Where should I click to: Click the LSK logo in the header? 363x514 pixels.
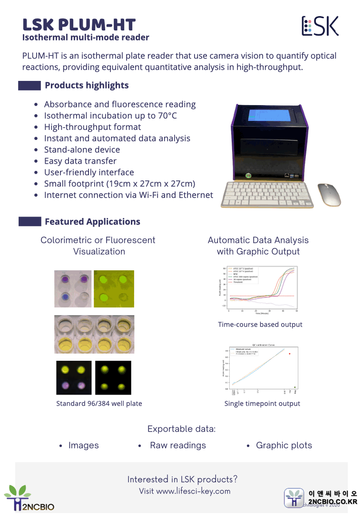(x=320, y=26)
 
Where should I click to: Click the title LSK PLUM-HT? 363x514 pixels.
(x=79, y=25)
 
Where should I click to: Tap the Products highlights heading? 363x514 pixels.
(x=87, y=86)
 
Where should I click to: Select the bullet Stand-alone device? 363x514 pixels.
(x=82, y=149)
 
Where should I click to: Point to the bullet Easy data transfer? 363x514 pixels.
(x=80, y=161)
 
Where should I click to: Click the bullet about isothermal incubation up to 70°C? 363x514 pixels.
(x=110, y=116)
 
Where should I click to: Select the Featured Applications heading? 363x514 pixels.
(x=92, y=222)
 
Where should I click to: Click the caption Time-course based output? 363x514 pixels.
(x=260, y=325)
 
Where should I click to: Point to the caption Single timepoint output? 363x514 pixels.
(x=262, y=404)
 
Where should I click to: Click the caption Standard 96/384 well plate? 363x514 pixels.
(x=99, y=404)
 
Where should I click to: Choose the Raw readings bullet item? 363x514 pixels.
(x=178, y=445)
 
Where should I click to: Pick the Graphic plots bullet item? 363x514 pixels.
(x=284, y=445)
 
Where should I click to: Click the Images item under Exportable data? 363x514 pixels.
(x=84, y=445)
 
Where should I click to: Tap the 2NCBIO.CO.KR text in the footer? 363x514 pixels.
(x=333, y=502)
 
